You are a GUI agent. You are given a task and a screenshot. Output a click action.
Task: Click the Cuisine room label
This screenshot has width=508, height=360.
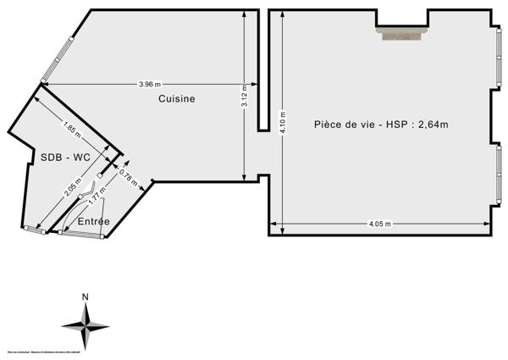coord(177,99)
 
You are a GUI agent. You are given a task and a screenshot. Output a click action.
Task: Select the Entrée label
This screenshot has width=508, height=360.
coord(93,221)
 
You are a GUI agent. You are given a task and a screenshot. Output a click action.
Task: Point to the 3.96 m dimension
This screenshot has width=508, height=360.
coord(150,84)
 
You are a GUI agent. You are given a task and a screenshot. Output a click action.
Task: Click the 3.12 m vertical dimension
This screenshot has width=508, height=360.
coord(244,98)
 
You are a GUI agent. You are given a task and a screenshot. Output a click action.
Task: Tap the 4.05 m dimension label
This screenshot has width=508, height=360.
coord(379,224)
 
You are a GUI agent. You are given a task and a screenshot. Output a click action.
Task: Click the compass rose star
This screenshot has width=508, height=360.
coord(85,325)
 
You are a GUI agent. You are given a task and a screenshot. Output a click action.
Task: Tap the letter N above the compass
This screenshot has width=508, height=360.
coord(85,296)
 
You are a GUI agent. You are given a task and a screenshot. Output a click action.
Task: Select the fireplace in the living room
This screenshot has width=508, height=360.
coord(402,34)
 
